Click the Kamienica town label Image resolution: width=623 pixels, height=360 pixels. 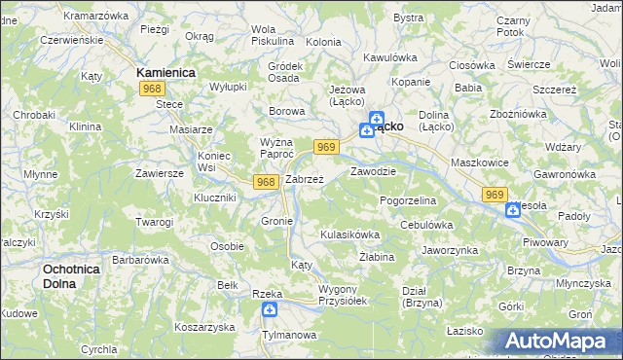[x=166, y=73]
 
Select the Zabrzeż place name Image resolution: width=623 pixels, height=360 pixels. [x=304, y=180]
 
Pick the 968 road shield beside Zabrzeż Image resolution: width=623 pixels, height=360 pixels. [x=265, y=182]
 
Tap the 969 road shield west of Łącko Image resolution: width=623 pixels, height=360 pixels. [x=326, y=147]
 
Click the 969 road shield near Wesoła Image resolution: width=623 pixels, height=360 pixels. [x=495, y=196]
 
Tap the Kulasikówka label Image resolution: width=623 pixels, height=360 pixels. [x=349, y=234]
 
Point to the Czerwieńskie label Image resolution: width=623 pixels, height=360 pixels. [x=70, y=41]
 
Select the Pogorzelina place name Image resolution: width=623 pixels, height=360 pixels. [x=408, y=199]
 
